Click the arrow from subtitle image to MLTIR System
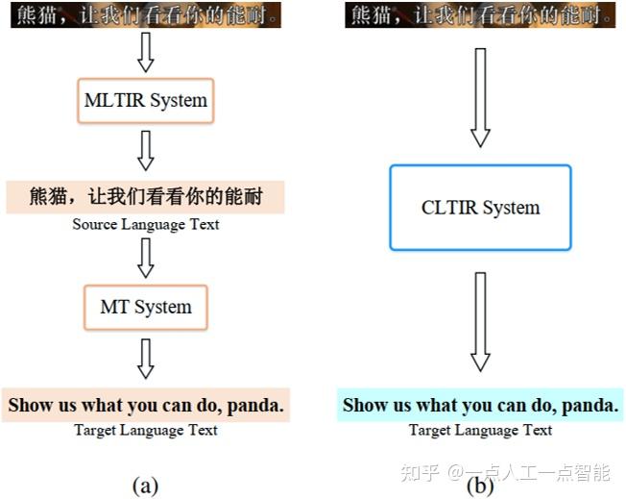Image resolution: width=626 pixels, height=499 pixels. (x=146, y=52)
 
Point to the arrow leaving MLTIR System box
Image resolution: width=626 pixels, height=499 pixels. (x=146, y=151)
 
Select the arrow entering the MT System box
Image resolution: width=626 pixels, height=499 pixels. (x=146, y=258)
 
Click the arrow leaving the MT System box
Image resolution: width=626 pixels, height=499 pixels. (x=146, y=359)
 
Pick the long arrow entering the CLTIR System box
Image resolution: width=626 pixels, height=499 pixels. (x=480, y=97)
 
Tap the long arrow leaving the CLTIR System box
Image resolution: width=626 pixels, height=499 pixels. (x=480, y=322)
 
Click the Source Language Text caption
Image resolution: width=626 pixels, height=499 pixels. (x=146, y=225)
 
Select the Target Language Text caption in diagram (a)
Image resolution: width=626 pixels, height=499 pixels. (x=146, y=431)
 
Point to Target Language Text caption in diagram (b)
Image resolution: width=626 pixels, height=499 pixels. (x=480, y=431)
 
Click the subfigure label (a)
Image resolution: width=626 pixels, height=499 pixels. (x=145, y=487)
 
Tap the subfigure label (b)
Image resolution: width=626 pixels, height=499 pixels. (x=480, y=487)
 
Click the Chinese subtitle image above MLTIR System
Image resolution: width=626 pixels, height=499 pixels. (x=146, y=14)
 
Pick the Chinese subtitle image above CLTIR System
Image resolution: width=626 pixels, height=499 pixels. (x=480, y=14)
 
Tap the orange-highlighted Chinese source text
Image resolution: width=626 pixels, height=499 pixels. (x=145, y=197)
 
